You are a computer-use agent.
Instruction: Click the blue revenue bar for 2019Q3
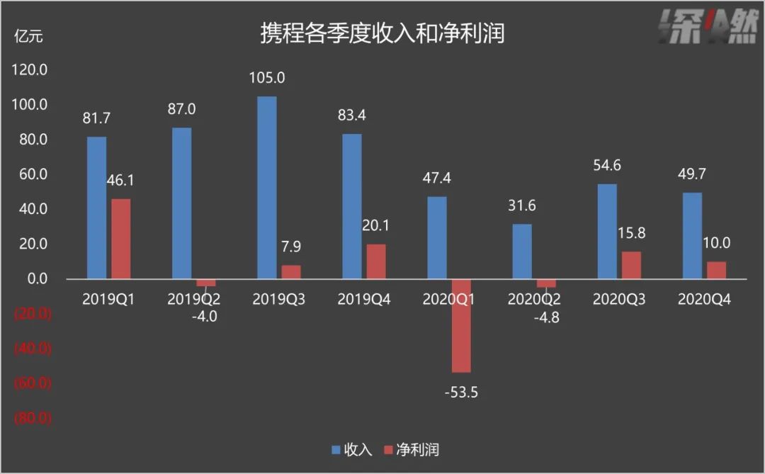click(266, 188)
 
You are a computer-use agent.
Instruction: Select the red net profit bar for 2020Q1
click(461, 325)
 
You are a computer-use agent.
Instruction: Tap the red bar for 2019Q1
click(120, 239)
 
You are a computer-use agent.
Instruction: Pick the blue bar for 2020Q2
click(521, 252)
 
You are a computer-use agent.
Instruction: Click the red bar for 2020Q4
click(716, 270)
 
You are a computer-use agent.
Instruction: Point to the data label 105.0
click(267, 78)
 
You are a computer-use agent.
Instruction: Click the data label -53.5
click(461, 391)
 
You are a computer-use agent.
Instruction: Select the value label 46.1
click(120, 181)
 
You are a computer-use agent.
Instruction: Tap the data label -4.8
click(546, 317)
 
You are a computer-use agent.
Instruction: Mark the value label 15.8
click(631, 233)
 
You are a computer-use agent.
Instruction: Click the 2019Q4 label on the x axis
click(364, 300)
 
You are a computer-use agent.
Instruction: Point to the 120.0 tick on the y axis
click(30, 70)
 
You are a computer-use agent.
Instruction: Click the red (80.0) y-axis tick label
click(33, 418)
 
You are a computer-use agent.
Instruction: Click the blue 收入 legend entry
click(351, 449)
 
